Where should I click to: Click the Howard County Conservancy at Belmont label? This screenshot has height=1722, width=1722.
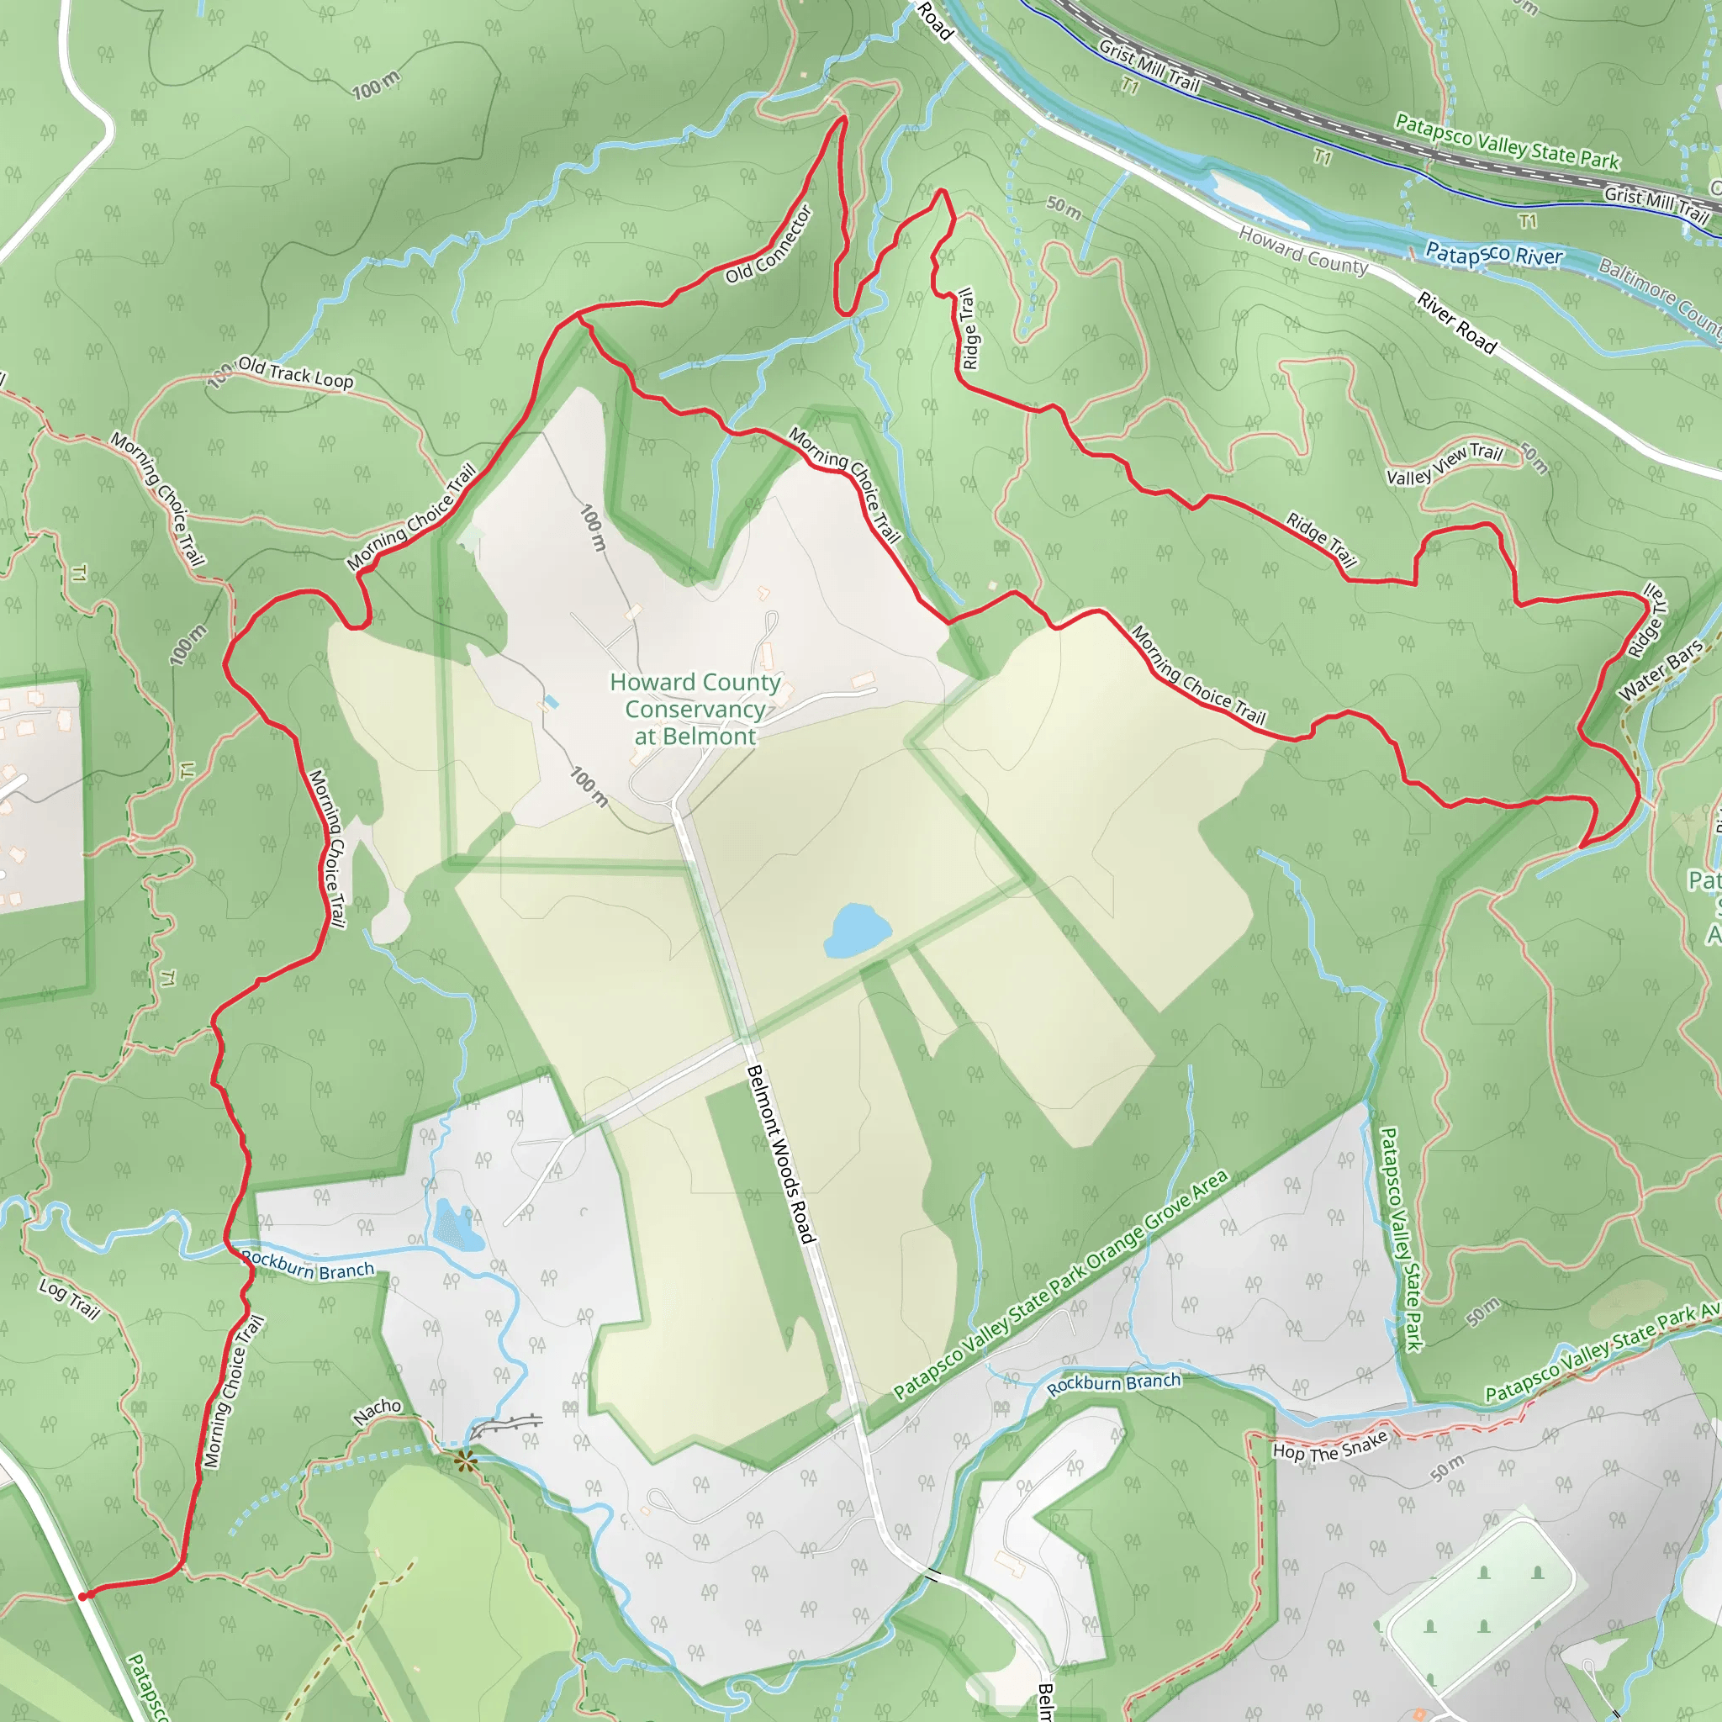695,710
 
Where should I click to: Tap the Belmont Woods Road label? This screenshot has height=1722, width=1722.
781,1154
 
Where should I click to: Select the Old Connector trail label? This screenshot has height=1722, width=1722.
769,244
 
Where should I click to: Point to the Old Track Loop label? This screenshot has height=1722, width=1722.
296,372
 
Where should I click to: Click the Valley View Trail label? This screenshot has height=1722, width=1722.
1444,464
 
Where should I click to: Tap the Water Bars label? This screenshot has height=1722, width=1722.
1660,670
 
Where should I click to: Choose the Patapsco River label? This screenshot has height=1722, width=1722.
1494,255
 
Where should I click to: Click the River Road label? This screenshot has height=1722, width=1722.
1456,322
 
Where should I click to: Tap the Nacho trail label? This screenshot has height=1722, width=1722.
377,1411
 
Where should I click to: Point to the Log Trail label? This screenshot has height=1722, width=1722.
69,1298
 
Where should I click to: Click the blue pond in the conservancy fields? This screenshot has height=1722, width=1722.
856,931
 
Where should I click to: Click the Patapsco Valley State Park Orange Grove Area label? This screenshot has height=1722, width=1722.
1060,1283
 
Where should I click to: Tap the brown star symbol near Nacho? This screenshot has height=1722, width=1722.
464,1461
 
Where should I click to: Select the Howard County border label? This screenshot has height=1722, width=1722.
1302,251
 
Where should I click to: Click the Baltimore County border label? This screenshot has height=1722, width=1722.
1660,294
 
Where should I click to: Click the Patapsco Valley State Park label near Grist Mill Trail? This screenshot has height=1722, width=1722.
1506,140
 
